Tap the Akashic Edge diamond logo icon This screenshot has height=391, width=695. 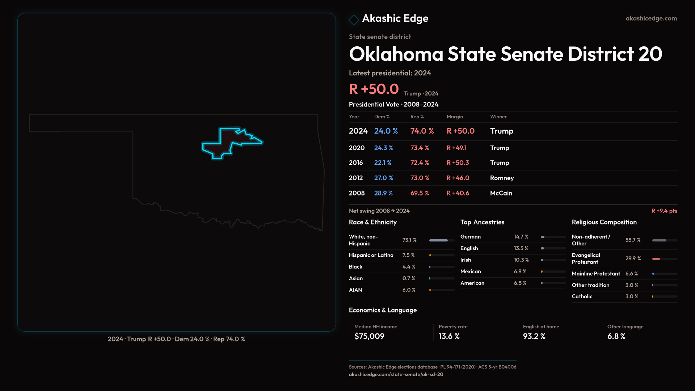tap(354, 20)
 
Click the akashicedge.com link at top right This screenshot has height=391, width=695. tap(651, 18)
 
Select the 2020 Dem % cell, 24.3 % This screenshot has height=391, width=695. tap(383, 148)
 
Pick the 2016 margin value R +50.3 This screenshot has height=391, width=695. tap(458, 163)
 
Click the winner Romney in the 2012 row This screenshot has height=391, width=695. tap(502, 178)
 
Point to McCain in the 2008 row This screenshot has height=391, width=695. tap(501, 193)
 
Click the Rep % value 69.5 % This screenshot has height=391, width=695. tap(420, 193)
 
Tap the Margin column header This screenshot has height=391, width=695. tap(455, 117)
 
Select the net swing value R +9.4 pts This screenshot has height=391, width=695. tap(664, 211)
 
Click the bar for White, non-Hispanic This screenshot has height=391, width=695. tap(439, 240)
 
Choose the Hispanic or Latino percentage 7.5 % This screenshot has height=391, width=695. tap(408, 255)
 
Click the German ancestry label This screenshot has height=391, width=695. tap(470, 237)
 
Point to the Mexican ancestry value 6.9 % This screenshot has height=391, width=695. tap(520, 272)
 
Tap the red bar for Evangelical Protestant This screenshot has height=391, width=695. tap(656, 259)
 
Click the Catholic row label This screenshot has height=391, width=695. tap(582, 297)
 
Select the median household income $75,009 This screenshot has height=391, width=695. tap(369, 336)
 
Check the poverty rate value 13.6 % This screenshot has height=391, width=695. tap(449, 336)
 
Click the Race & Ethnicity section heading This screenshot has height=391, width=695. tap(372, 222)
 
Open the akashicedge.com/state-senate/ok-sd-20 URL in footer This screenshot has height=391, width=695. tap(396, 374)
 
